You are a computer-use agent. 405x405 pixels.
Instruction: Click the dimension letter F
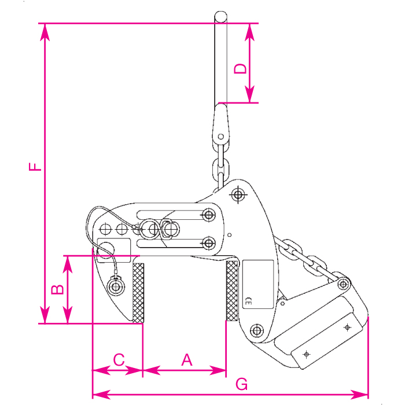point(35,167)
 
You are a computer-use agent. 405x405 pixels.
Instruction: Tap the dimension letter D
point(240,68)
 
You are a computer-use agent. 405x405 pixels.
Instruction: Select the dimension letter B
point(57,289)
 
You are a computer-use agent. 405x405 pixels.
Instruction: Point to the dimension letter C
point(119,359)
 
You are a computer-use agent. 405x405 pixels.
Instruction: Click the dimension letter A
point(187,360)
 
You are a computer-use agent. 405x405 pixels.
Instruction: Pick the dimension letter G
point(242,384)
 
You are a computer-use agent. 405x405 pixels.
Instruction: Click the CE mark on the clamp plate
point(248,301)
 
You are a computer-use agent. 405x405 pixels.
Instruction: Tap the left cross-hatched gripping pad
point(138,293)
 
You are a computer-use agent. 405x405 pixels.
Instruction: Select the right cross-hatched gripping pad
point(231,290)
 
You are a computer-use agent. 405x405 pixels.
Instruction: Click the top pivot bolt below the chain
point(238,194)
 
